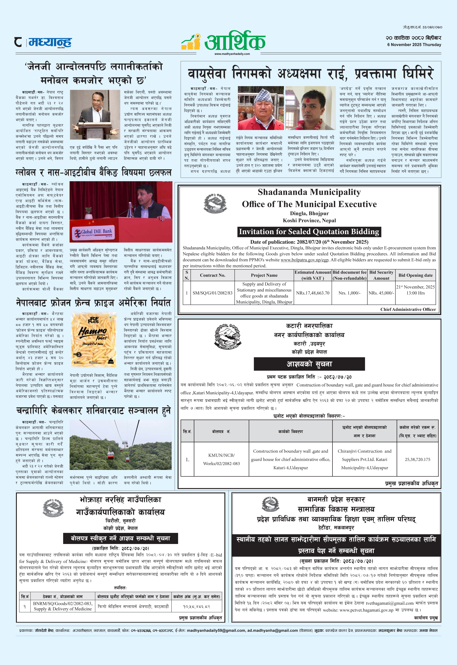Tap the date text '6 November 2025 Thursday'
[414, 45]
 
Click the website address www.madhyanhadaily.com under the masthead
[232, 54]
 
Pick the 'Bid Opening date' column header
[415, 275]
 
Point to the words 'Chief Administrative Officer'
[408, 309]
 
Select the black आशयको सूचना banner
[309, 364]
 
